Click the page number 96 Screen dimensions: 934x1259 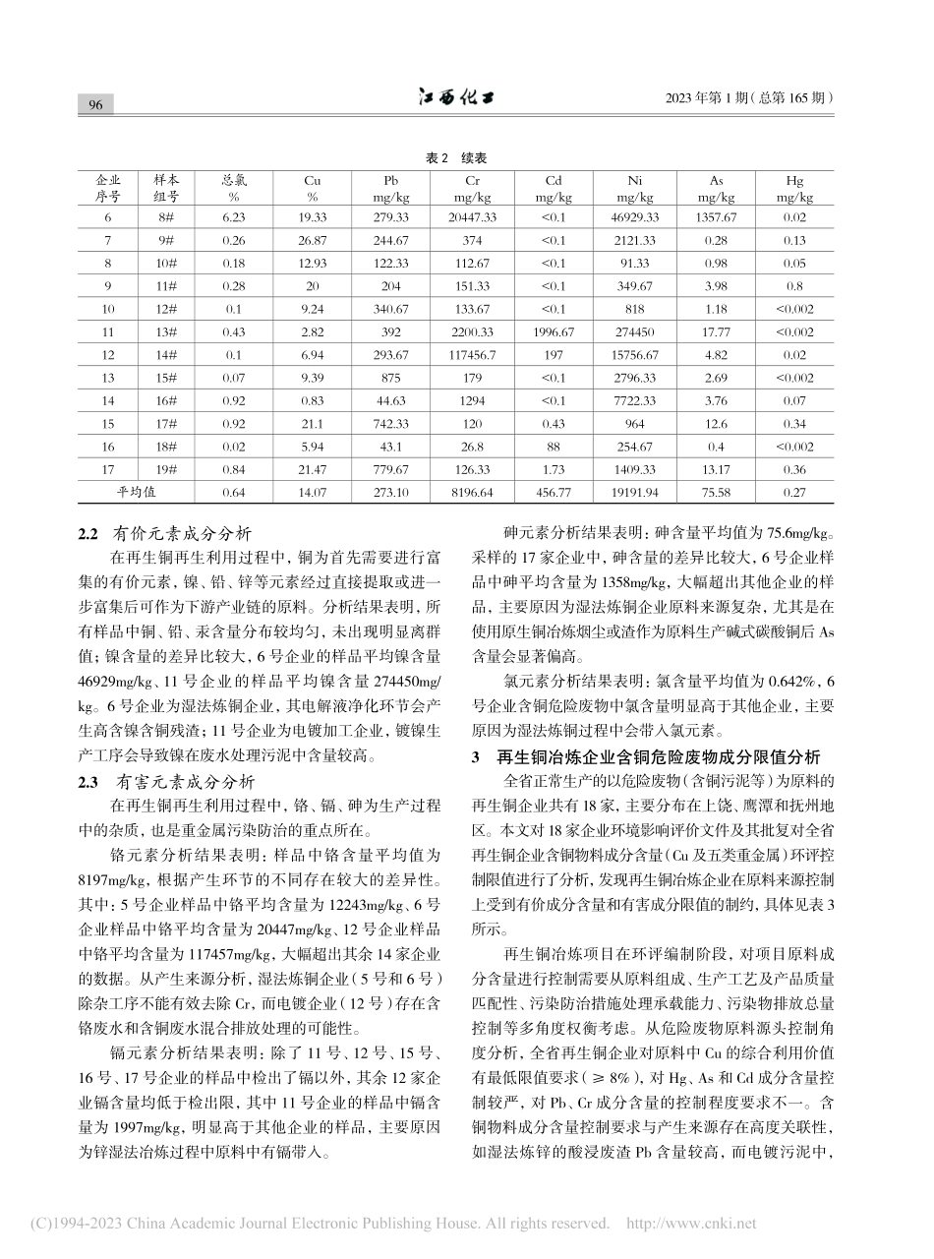click(96, 105)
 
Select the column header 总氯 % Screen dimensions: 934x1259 click(234, 189)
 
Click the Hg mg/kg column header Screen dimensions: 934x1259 click(795, 189)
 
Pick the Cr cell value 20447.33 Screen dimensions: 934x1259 click(471, 216)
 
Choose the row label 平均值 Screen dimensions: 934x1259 click(138, 492)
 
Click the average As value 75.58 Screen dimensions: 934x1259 click(717, 492)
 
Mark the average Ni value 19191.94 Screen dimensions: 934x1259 click(634, 492)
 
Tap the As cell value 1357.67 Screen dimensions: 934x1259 click(717, 216)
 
